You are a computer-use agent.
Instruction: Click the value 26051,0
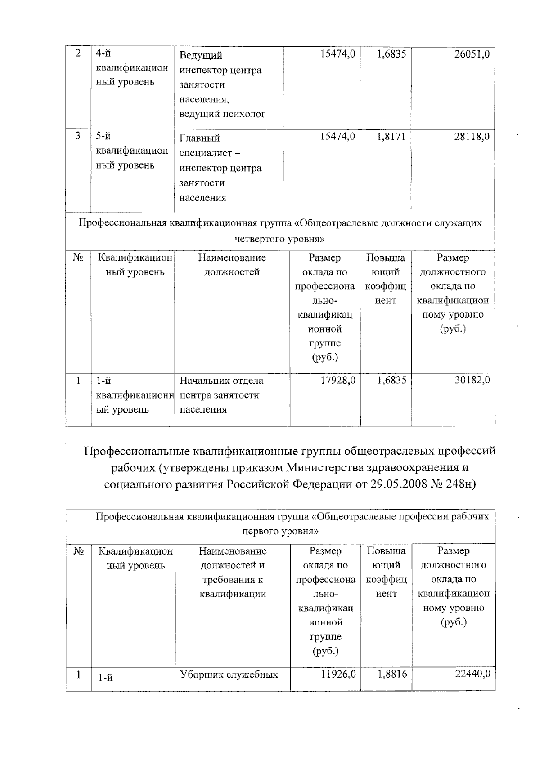coord(471,54)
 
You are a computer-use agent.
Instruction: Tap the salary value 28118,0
coord(471,137)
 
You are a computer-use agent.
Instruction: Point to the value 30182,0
coord(471,381)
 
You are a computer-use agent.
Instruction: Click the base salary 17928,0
coord(337,381)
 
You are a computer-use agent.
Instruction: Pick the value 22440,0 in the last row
coord(471,674)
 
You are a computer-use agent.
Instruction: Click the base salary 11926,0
coord(338,674)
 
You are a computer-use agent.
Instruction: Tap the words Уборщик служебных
coord(229,674)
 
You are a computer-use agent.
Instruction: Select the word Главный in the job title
coord(199,138)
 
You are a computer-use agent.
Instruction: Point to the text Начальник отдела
coord(221,381)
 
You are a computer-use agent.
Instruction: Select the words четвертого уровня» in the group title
coord(280,239)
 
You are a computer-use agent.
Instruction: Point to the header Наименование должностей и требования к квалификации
coord(233,572)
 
